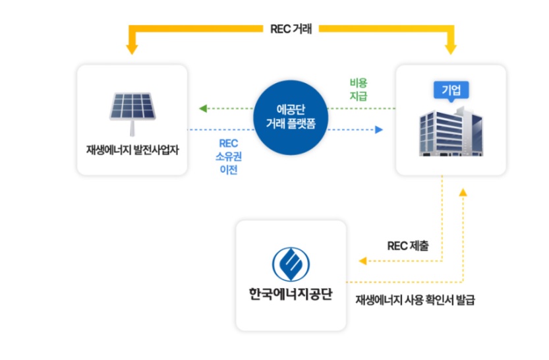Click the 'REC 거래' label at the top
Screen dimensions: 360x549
[291, 29]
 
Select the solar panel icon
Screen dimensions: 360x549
[132, 105]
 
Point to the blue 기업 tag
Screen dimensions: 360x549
[451, 90]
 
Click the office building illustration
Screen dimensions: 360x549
[451, 132]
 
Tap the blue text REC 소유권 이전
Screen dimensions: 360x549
[227, 156]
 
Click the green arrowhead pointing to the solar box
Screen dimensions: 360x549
[203, 108]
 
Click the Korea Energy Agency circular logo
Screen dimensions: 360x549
[290, 263]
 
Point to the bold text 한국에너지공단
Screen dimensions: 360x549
[290, 294]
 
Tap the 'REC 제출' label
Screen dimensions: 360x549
[407, 246]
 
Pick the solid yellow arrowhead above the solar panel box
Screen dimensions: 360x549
[132, 48]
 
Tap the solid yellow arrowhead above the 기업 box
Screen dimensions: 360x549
[451, 48]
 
